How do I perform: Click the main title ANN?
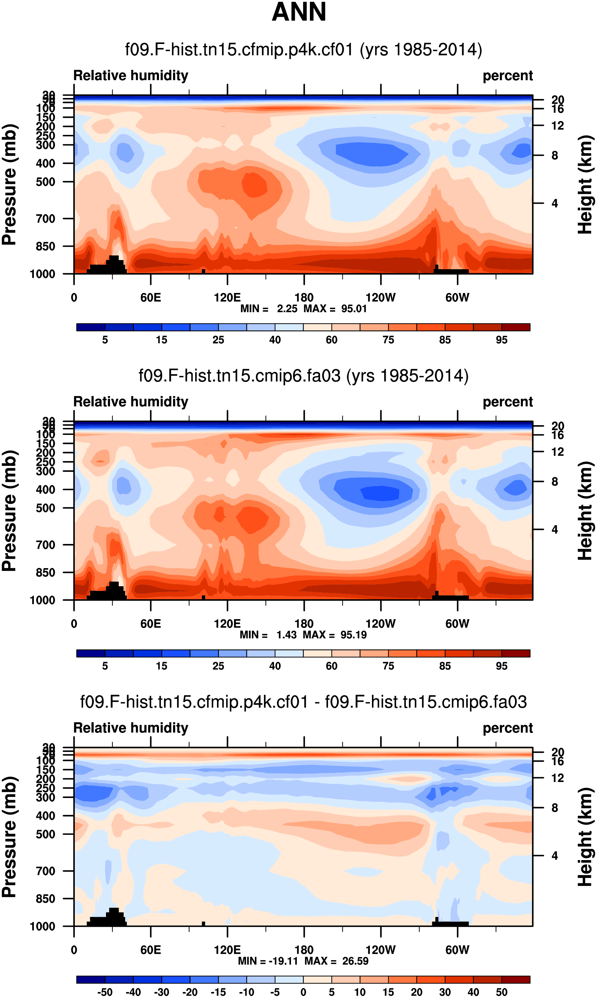pyautogui.click(x=298, y=12)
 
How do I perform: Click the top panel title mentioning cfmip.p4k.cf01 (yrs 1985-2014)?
pyautogui.click(x=303, y=50)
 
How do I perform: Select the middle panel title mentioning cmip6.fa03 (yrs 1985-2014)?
pyautogui.click(x=303, y=376)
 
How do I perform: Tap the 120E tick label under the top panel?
pyautogui.click(x=227, y=298)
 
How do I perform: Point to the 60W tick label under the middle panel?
pyautogui.click(x=457, y=624)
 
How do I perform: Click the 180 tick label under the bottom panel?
pyautogui.click(x=304, y=950)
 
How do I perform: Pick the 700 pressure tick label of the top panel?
pyautogui.click(x=46, y=219)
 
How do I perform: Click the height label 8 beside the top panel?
pyautogui.click(x=554, y=156)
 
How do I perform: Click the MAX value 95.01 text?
pyautogui.click(x=354, y=309)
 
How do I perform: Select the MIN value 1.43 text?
pyautogui.click(x=286, y=635)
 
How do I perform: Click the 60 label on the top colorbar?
pyautogui.click(x=331, y=340)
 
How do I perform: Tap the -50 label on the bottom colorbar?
pyautogui.click(x=105, y=992)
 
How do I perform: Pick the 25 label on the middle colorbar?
pyautogui.click(x=218, y=666)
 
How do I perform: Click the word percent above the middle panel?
pyautogui.click(x=508, y=402)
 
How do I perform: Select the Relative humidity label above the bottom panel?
pyautogui.click(x=131, y=728)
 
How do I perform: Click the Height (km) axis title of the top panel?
pyautogui.click(x=585, y=185)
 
